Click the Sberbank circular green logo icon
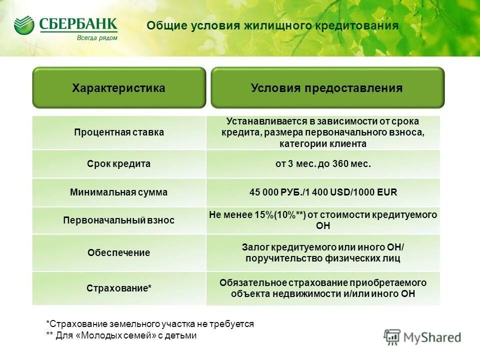24,25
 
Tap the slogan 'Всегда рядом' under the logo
97,37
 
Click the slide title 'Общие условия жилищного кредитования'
272,26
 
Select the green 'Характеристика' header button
118,88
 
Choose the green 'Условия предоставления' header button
326,88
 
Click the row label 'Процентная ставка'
119,132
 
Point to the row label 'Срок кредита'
119,163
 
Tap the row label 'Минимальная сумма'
119,192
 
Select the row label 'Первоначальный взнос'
119,220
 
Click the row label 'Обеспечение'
119,252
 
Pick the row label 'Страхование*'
119,288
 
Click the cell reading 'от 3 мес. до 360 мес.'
323,163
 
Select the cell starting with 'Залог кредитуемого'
323,252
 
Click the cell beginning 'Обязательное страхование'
323,288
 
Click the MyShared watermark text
432,337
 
